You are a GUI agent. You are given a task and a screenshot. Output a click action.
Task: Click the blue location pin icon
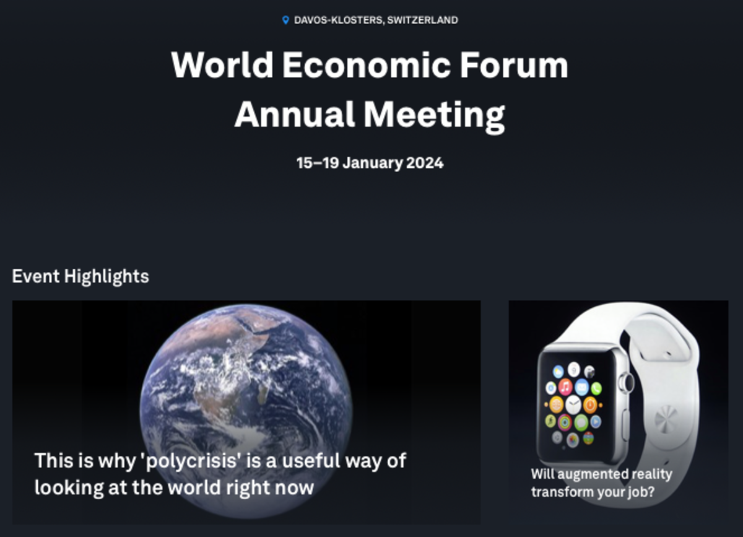click(x=285, y=20)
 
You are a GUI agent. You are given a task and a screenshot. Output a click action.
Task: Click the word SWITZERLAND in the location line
click(x=422, y=20)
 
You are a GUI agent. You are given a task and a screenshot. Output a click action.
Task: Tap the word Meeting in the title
click(x=435, y=115)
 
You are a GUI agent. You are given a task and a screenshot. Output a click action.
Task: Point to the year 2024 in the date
click(x=425, y=163)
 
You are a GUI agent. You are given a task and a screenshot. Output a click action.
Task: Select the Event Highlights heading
click(x=80, y=276)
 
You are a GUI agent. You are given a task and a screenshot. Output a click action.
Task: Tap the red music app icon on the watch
click(x=565, y=386)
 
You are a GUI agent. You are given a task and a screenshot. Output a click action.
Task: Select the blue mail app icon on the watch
click(x=582, y=387)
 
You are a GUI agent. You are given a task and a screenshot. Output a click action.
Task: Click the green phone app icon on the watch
click(x=596, y=388)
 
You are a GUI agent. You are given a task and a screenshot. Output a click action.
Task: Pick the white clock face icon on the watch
click(x=573, y=404)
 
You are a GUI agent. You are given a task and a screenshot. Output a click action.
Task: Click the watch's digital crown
click(x=627, y=383)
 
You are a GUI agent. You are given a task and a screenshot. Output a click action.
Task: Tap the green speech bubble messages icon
click(x=581, y=422)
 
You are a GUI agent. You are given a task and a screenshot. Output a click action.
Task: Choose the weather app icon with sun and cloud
click(x=558, y=372)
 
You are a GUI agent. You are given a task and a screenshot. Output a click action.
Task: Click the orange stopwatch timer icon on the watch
click(x=590, y=405)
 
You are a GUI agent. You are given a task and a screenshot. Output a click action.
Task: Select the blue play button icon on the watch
click(x=596, y=422)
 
